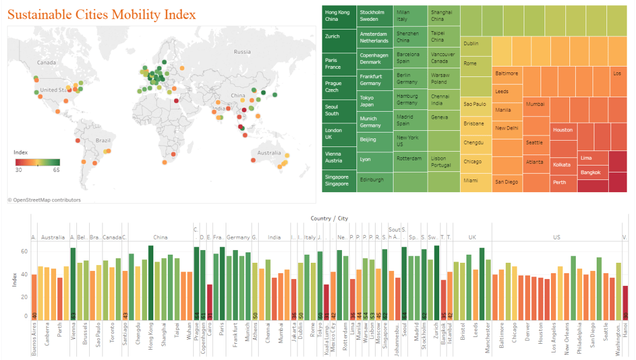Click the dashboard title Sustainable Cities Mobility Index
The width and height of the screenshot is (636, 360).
[x=101, y=15]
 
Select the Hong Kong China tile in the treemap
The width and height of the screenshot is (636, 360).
[x=339, y=16]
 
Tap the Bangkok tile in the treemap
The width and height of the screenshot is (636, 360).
[x=592, y=172]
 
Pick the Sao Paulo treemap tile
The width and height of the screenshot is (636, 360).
[x=476, y=105]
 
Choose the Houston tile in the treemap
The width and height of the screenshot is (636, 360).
[x=563, y=130]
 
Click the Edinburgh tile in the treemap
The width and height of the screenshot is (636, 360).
[x=374, y=180]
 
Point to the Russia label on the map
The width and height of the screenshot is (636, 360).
[x=242, y=52]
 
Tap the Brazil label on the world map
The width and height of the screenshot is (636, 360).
[x=103, y=141]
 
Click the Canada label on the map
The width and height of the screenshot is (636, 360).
[x=46, y=63]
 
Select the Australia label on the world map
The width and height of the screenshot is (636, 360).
[x=270, y=153]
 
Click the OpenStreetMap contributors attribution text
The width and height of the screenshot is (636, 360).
[x=45, y=200]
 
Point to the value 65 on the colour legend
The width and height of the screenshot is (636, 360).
[x=56, y=170]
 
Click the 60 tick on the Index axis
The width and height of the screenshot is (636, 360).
[x=25, y=252]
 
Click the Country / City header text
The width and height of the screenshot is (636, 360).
[x=329, y=219]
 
